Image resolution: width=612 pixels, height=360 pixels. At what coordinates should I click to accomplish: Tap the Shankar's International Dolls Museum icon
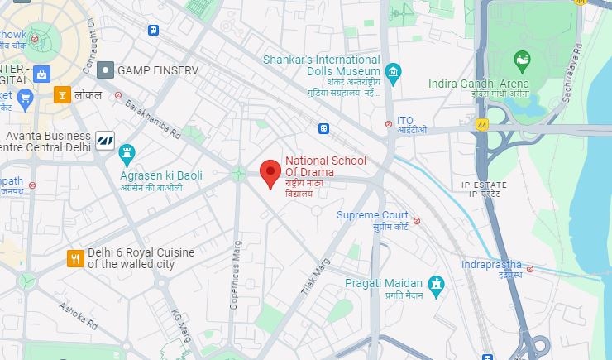[x=393, y=73]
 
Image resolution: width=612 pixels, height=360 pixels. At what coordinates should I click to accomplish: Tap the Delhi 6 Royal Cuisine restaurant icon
[x=75, y=259]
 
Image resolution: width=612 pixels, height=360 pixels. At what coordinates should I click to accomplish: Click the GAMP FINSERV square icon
[x=106, y=70]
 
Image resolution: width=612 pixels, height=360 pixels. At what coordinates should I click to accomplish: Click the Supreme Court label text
[x=372, y=215]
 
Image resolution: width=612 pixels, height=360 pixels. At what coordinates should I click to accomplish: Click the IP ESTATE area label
[x=485, y=183]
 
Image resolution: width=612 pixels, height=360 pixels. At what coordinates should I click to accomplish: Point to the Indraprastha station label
[x=491, y=265]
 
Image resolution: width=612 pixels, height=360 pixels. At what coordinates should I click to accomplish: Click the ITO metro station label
[x=405, y=120]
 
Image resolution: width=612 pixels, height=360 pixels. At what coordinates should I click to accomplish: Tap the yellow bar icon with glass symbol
[x=62, y=95]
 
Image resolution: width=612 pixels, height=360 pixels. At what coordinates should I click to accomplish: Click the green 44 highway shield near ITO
[x=482, y=124]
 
